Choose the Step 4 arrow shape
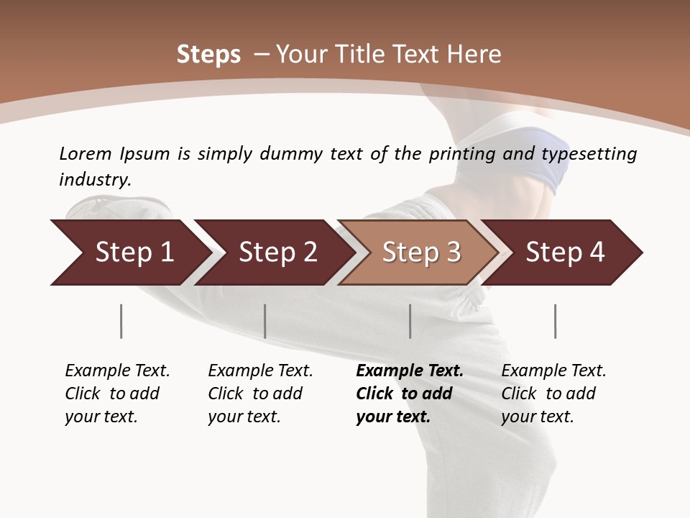click(x=564, y=253)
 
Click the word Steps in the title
click(x=208, y=55)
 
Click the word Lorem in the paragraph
click(x=86, y=154)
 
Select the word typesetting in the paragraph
click(x=589, y=154)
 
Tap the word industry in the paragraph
click(x=95, y=180)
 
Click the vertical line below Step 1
click(x=121, y=321)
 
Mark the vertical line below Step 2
click(x=265, y=321)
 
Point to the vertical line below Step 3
click(x=410, y=321)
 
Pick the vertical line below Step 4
click(x=555, y=321)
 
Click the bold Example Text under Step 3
click(x=410, y=371)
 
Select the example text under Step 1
click(x=117, y=394)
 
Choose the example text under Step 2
click(x=260, y=394)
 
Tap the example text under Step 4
click(x=553, y=394)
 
